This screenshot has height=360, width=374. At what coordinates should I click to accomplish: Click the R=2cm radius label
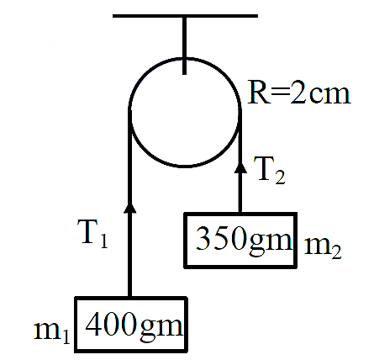coord(299,94)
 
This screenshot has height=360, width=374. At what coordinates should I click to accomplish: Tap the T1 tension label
coord(94,235)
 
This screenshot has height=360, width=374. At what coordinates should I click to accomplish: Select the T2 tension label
coord(270,170)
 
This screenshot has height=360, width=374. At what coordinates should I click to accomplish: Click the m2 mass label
coord(323,248)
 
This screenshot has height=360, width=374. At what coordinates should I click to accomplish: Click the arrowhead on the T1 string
coord(129,208)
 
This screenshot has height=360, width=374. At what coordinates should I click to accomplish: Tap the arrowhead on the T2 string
coord(240,167)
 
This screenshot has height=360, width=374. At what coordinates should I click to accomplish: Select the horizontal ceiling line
coord(185,16)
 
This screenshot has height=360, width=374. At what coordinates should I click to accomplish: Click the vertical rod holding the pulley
coord(184,45)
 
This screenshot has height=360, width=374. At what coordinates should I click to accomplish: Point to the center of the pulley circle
coord(185,113)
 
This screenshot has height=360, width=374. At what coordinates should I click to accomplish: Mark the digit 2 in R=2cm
coord(298,94)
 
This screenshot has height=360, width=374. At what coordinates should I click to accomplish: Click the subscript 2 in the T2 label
coord(280,177)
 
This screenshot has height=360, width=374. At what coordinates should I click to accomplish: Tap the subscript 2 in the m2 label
coord(336,251)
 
